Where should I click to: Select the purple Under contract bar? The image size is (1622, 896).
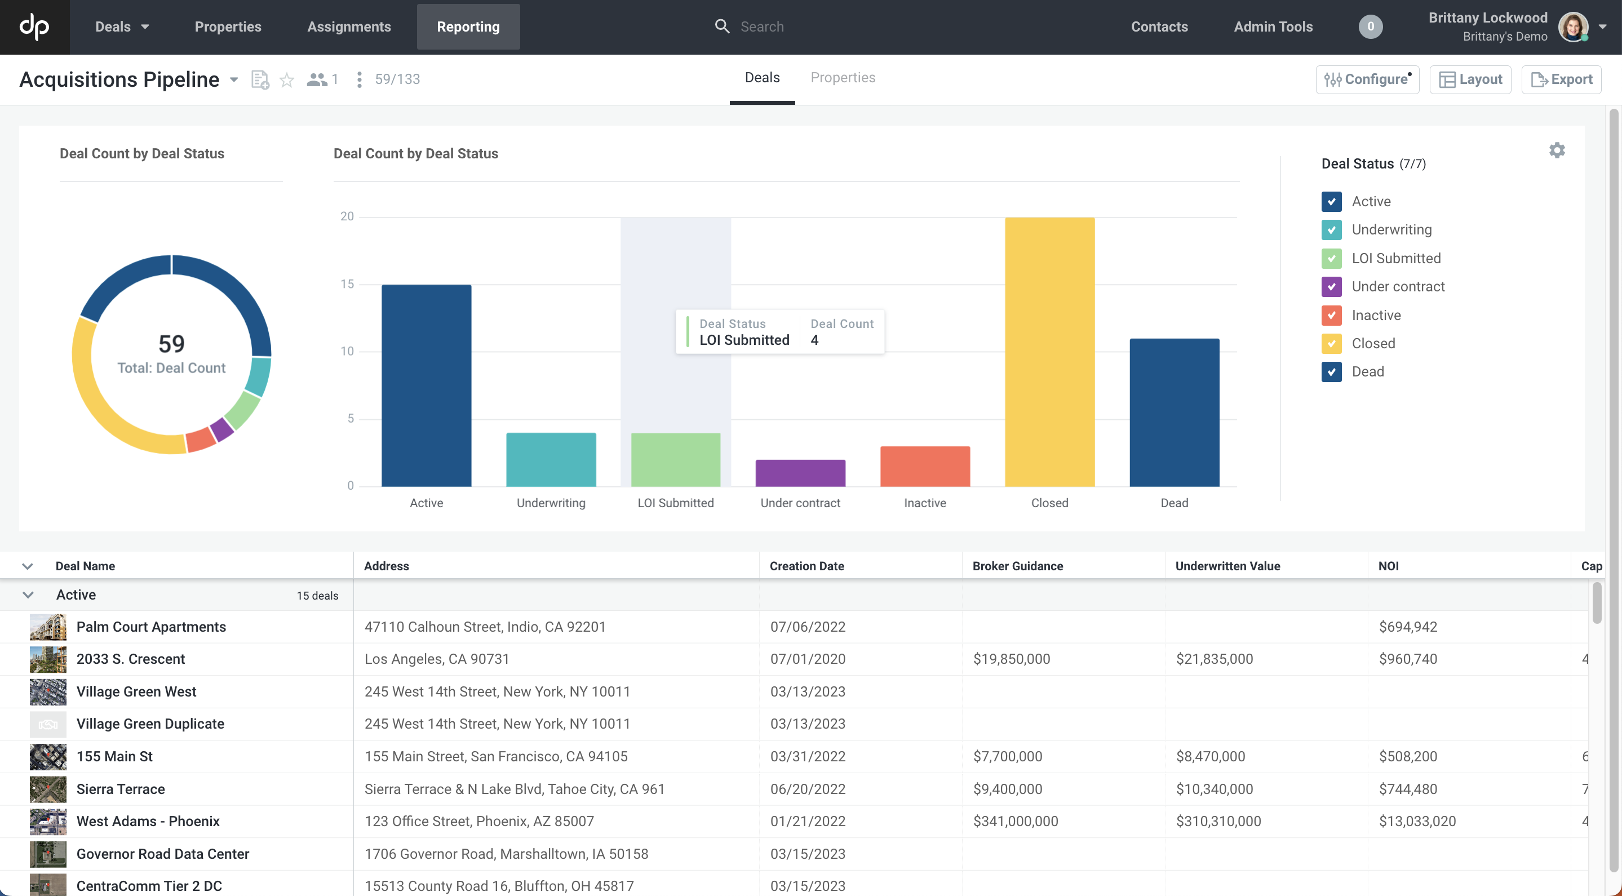(x=800, y=473)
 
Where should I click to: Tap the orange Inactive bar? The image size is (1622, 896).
(x=924, y=467)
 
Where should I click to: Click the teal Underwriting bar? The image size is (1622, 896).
(x=551, y=460)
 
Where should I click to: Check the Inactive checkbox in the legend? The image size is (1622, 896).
(x=1331, y=315)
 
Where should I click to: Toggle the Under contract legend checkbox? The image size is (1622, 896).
(x=1331, y=286)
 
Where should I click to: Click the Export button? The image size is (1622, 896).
(x=1561, y=79)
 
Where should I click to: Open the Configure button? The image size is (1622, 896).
(x=1367, y=79)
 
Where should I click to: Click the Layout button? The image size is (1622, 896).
(x=1470, y=79)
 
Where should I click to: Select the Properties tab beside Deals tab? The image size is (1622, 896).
(x=843, y=77)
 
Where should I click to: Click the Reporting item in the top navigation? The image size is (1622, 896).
(x=468, y=26)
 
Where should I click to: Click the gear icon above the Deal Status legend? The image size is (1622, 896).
(x=1557, y=150)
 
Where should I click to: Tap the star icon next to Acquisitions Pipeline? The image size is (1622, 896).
(x=286, y=79)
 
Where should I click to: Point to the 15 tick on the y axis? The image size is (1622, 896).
(x=347, y=284)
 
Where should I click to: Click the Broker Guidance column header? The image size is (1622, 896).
(x=1017, y=565)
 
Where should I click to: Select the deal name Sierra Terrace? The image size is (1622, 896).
(x=120, y=788)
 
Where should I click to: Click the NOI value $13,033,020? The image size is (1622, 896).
(x=1417, y=821)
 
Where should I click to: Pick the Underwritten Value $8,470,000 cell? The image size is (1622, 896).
(x=1210, y=756)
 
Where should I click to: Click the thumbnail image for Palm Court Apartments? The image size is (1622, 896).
(x=48, y=627)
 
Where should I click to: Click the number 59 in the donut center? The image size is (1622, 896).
(x=171, y=344)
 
